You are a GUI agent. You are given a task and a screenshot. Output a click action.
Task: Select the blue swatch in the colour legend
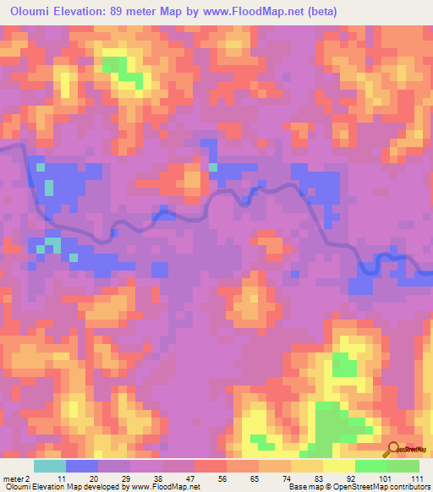pos(82,466)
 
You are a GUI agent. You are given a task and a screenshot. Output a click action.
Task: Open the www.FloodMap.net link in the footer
pos(161,487)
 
